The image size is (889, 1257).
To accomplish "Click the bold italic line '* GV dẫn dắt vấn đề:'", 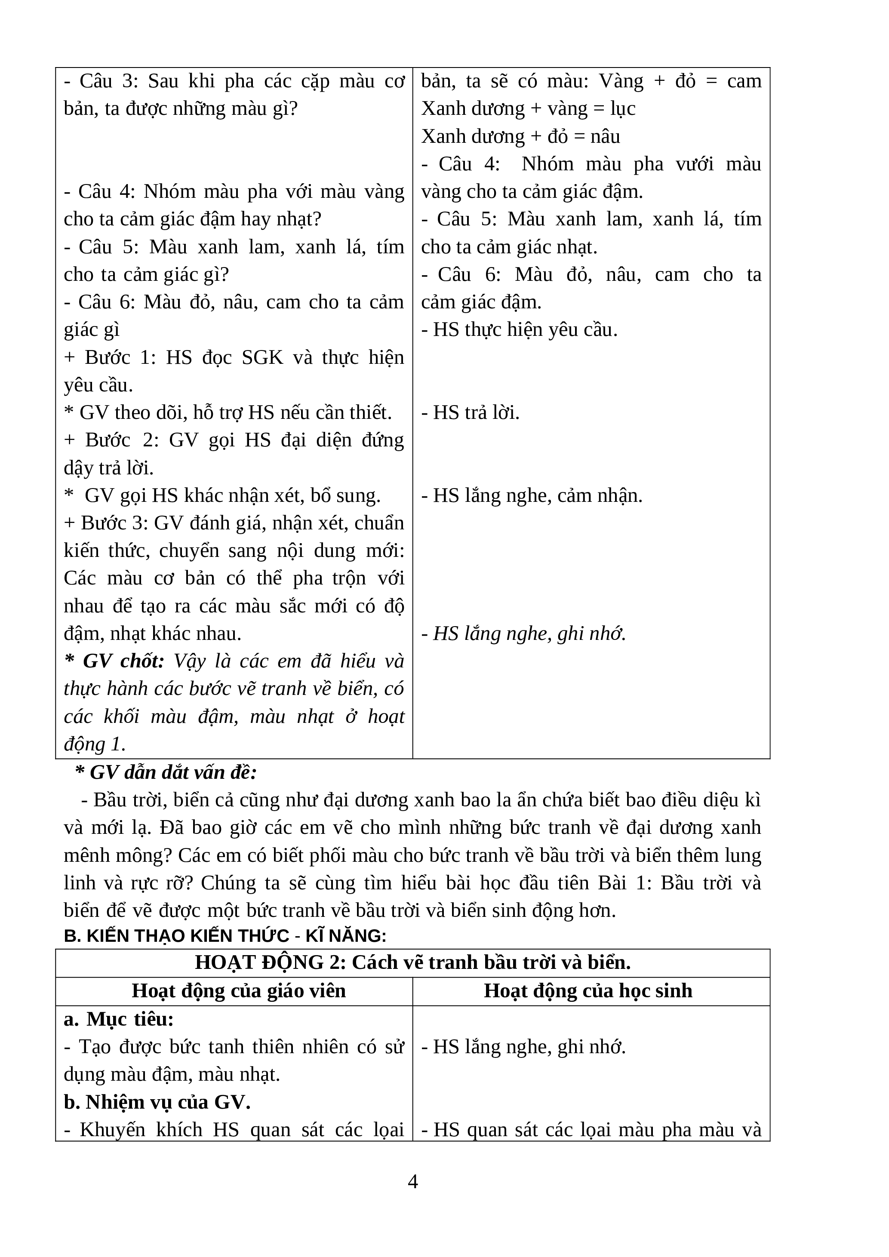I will (x=166, y=772).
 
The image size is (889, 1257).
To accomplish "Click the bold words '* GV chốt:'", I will (x=114, y=661).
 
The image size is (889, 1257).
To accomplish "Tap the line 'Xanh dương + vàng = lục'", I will (x=528, y=108).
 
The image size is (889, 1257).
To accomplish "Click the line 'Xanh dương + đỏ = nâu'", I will (x=520, y=136).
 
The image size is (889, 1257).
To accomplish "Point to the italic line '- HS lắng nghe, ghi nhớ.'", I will (x=523, y=633).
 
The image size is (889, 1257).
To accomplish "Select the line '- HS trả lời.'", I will (x=470, y=412).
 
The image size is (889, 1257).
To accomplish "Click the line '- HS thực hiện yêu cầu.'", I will (x=519, y=329).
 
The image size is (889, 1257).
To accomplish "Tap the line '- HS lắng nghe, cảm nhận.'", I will (x=532, y=495).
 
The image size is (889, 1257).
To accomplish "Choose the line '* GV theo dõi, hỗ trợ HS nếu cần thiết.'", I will (x=228, y=412).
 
